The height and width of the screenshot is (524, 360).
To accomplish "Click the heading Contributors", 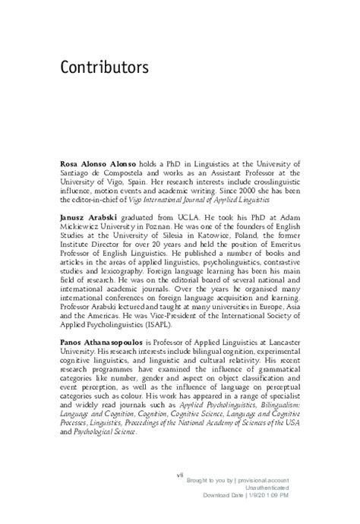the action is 104,68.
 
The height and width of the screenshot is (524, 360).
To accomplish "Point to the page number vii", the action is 180,475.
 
